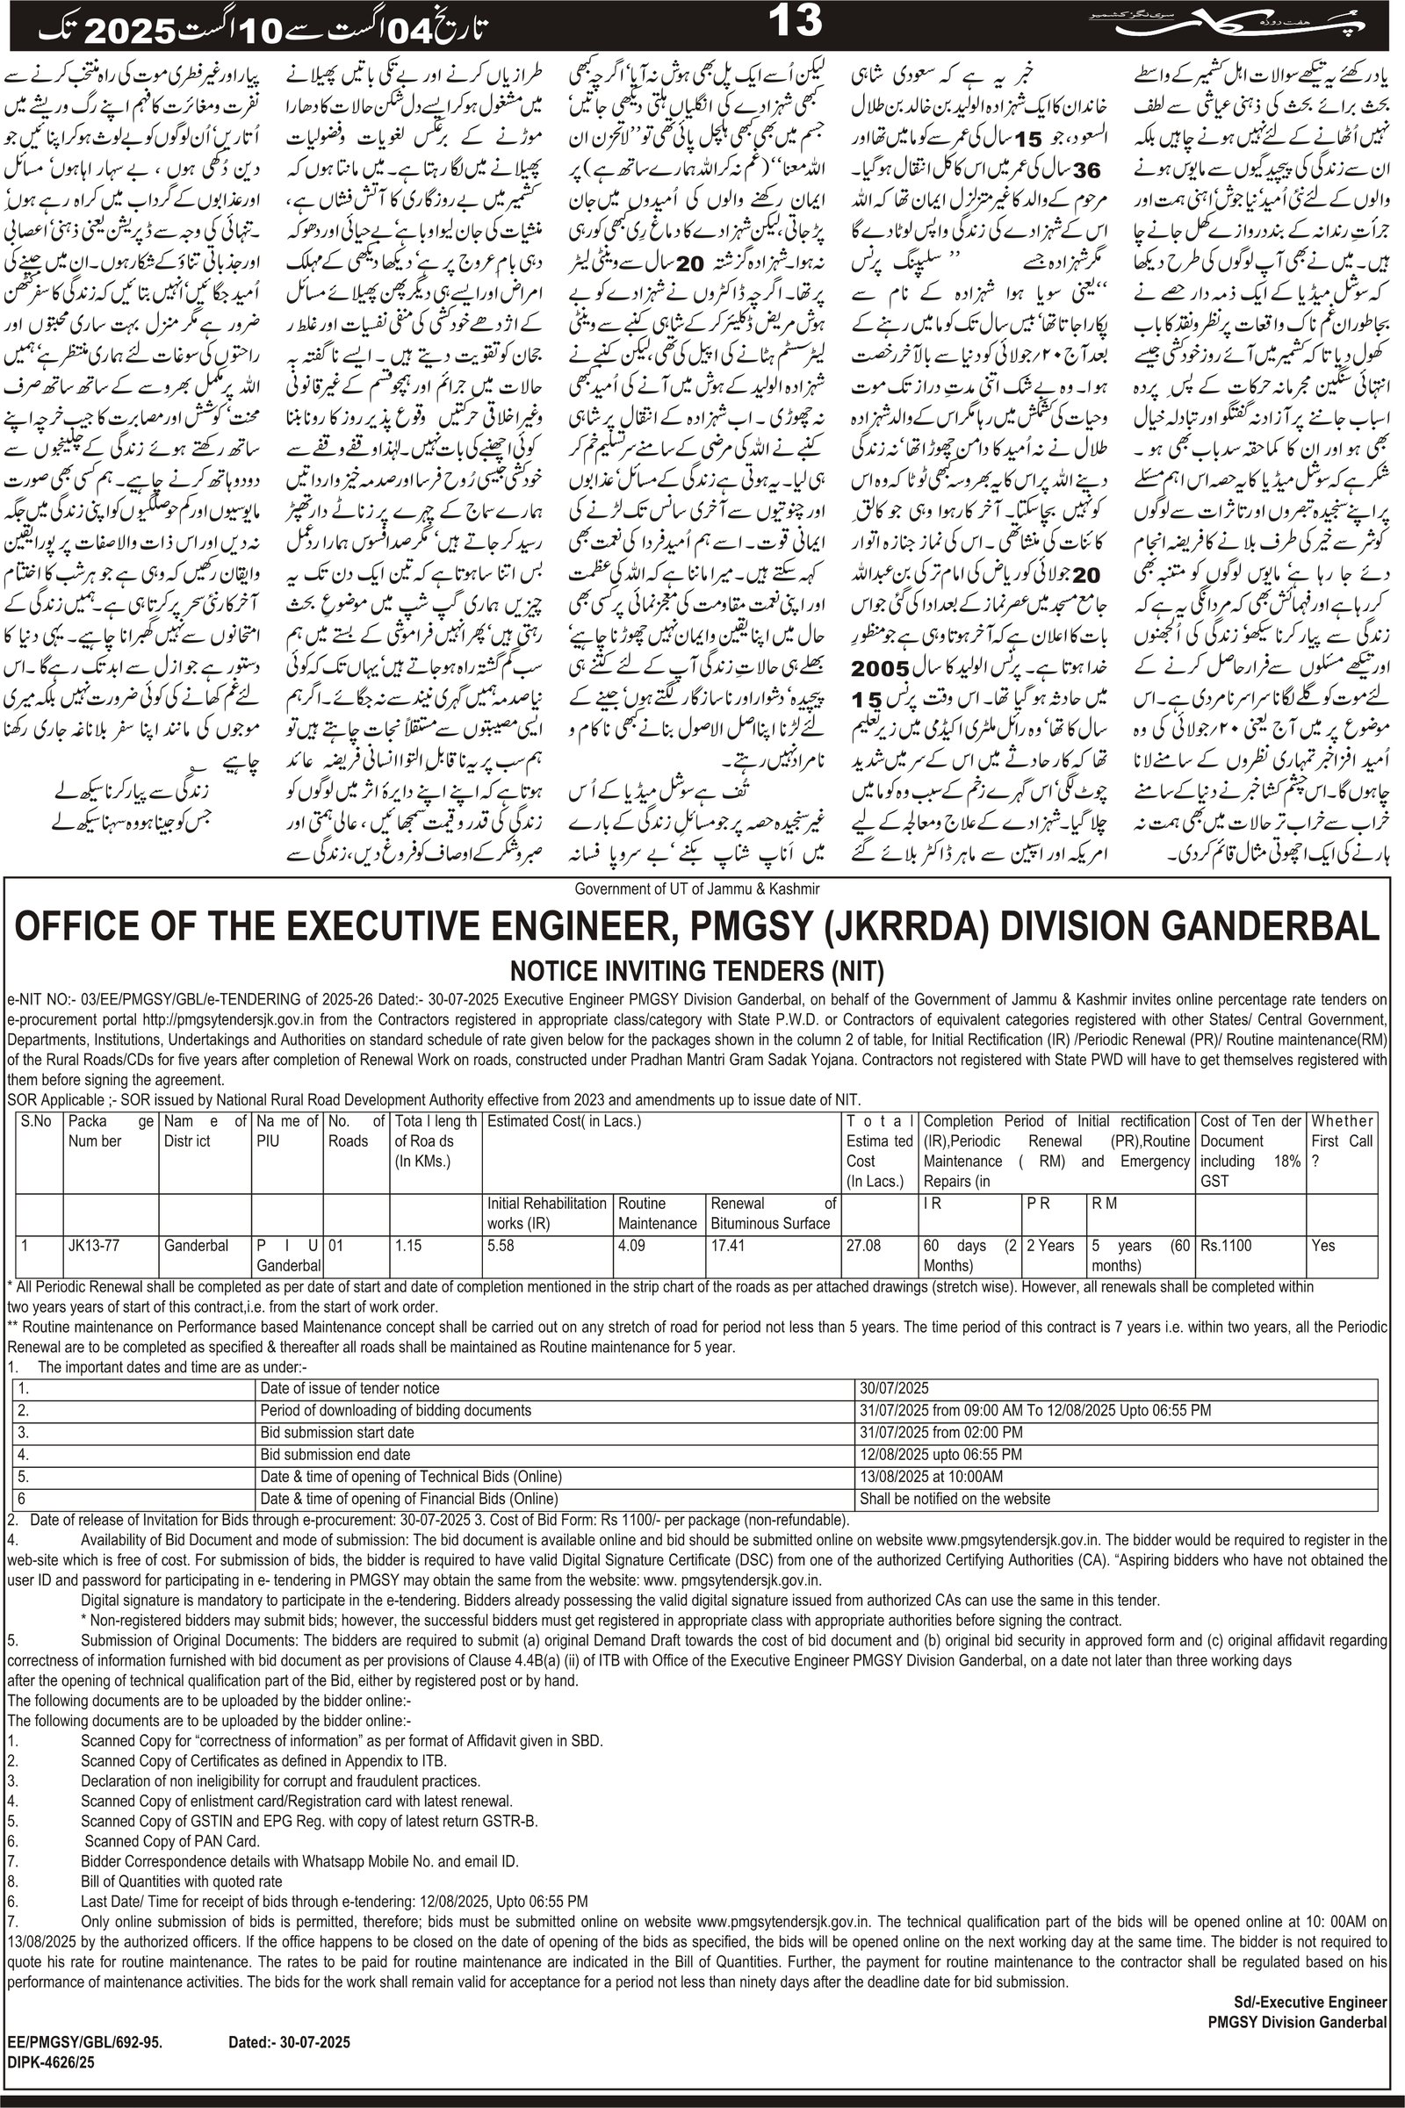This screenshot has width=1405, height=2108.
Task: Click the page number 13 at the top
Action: [794, 20]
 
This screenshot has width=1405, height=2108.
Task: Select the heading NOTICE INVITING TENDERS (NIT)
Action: [696, 971]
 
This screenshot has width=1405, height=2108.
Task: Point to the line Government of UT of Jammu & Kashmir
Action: [696, 889]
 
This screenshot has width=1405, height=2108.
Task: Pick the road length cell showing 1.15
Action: [410, 1246]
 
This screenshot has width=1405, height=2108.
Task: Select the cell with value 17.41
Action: [728, 1246]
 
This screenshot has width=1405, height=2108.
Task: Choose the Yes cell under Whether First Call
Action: [1323, 1246]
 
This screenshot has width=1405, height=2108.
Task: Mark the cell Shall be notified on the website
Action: [955, 1499]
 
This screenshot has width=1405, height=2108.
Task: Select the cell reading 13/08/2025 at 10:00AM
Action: [931, 1477]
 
